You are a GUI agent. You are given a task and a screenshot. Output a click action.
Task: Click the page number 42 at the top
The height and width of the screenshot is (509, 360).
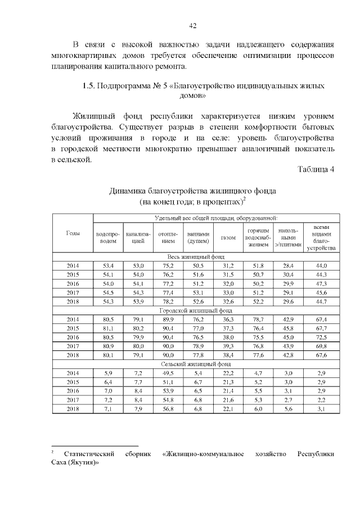192,26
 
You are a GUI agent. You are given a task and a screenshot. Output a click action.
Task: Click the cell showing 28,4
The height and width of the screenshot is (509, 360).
289,265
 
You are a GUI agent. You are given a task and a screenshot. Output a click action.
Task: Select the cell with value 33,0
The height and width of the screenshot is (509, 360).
228,292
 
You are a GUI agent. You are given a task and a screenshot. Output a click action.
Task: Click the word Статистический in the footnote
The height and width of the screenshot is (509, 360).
89,454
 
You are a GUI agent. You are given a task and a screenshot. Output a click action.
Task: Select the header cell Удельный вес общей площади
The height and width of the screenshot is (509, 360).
216,218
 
